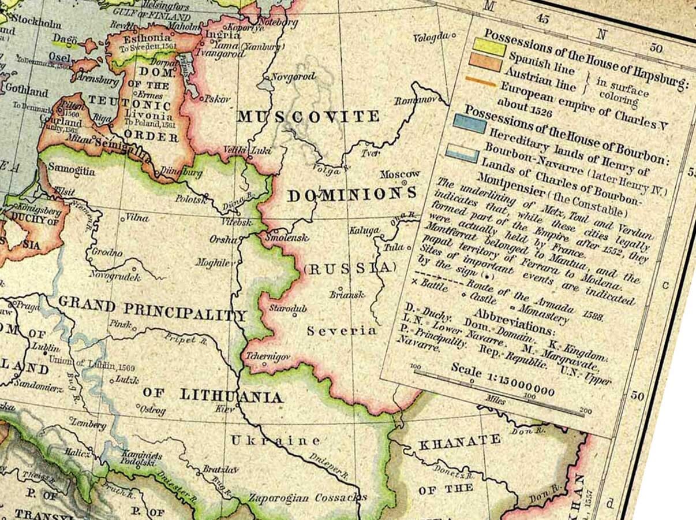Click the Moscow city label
(400, 174)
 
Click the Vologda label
(431, 37)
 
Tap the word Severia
(341, 331)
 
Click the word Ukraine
(275, 441)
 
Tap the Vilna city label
(137, 218)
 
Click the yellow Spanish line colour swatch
(489, 45)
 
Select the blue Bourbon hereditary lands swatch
(469, 122)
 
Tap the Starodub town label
(287, 308)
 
